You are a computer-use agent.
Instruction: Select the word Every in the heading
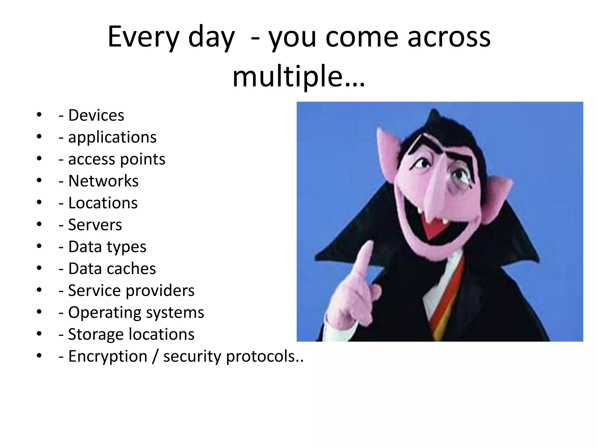pyautogui.click(x=143, y=37)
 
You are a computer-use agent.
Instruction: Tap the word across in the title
pyautogui.click(x=449, y=37)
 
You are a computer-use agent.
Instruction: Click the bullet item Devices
pyautogui.click(x=96, y=115)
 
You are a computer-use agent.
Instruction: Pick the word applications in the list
pyautogui.click(x=112, y=137)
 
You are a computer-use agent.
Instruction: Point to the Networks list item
pyautogui.click(x=103, y=181)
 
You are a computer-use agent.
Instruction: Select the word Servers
pyautogui.click(x=95, y=225)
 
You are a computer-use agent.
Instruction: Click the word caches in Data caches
pyautogui.click(x=131, y=268)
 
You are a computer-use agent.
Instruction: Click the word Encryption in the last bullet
pyautogui.click(x=108, y=356)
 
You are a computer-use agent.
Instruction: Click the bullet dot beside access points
pyautogui.click(x=39, y=159)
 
